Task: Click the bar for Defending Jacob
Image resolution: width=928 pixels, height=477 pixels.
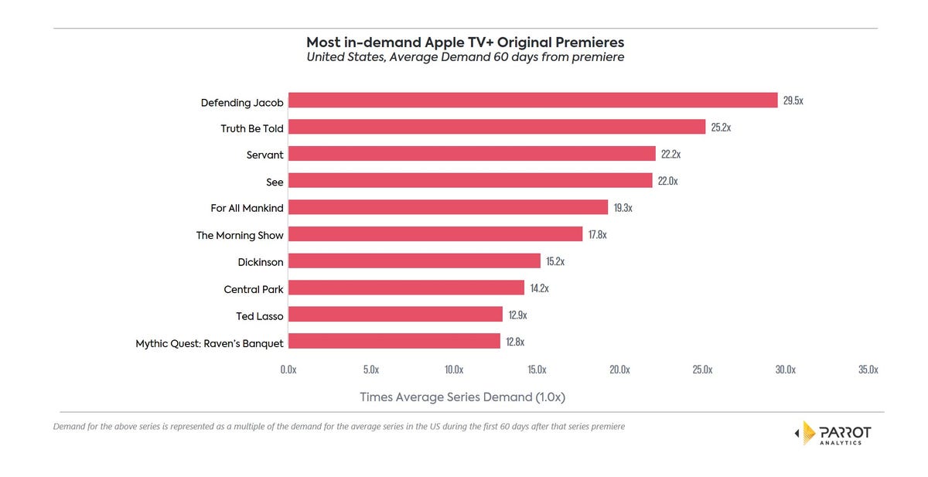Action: [532, 101]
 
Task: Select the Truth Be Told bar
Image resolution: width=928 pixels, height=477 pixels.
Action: [496, 128]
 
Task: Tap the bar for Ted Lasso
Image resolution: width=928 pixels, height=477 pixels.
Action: [395, 315]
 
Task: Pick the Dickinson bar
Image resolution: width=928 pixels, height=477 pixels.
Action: [414, 261]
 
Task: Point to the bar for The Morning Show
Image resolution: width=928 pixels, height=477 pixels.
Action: [435, 234]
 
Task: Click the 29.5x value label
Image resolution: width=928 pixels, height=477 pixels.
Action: [793, 101]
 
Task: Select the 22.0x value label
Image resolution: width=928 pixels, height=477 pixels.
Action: [667, 181]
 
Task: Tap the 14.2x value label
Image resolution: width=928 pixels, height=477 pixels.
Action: [539, 288]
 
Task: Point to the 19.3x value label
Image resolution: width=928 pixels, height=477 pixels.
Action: [623, 208]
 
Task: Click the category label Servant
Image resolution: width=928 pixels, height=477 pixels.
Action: [265, 155]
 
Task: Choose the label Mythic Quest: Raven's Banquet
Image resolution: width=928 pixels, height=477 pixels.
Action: [210, 342]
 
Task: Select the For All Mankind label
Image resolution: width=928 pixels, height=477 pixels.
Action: [247, 208]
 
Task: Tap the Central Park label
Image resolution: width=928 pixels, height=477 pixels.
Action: [254, 289]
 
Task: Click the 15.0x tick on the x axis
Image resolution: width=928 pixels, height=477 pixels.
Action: [537, 370]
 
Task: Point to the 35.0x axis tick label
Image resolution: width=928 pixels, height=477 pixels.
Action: [868, 370]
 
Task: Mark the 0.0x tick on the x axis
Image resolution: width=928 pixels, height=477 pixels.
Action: [288, 370]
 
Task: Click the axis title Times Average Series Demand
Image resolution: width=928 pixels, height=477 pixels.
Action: [462, 397]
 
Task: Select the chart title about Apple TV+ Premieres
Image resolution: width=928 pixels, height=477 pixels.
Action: [465, 42]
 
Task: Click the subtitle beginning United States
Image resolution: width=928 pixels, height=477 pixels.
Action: [465, 57]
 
